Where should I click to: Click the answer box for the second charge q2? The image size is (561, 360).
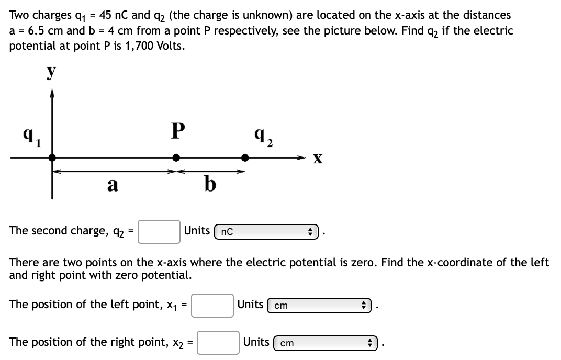click(160, 231)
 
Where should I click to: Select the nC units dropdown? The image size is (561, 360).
click(266, 231)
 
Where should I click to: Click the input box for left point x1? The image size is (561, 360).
click(212, 305)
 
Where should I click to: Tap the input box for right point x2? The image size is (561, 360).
click(218, 343)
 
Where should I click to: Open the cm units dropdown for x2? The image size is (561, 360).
click(328, 343)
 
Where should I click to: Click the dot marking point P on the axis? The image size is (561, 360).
click(177, 157)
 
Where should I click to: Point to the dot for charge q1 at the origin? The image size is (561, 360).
click(51, 157)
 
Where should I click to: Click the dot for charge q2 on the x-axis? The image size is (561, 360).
click(244, 157)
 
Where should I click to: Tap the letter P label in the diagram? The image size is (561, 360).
click(177, 131)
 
